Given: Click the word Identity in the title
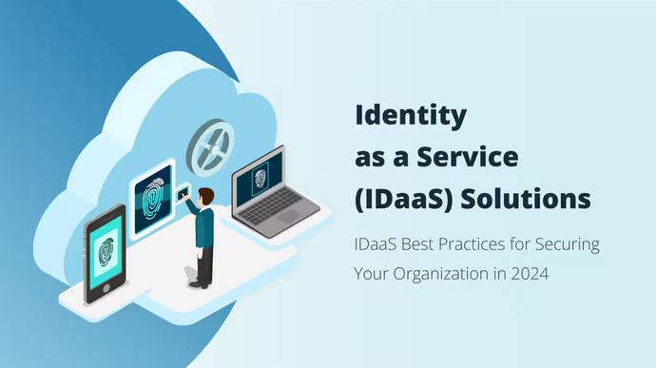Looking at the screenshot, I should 412,116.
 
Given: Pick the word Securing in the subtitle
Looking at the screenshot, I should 565,245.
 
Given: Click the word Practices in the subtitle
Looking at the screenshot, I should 461,245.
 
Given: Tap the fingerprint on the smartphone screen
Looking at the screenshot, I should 106,251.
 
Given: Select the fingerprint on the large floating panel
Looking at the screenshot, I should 153,199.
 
